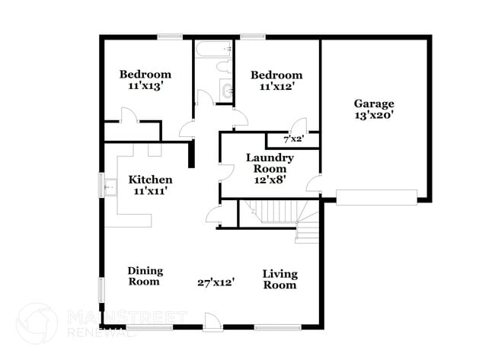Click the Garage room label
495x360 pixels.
coord(373,104)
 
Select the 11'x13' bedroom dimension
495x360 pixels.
coord(145,87)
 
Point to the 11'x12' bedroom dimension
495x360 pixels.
coord(276,88)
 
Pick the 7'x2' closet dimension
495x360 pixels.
coord(292,139)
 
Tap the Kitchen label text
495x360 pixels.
coord(149,180)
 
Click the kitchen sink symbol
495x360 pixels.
coord(108,185)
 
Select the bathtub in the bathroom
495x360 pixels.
coord(212,49)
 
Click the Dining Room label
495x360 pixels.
coord(143,276)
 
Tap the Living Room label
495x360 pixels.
coord(279,279)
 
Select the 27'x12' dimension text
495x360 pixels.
coord(216,282)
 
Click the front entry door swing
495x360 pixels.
coord(212,321)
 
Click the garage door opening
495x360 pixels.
coord(376,199)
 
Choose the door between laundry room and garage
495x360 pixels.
coord(314,183)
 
